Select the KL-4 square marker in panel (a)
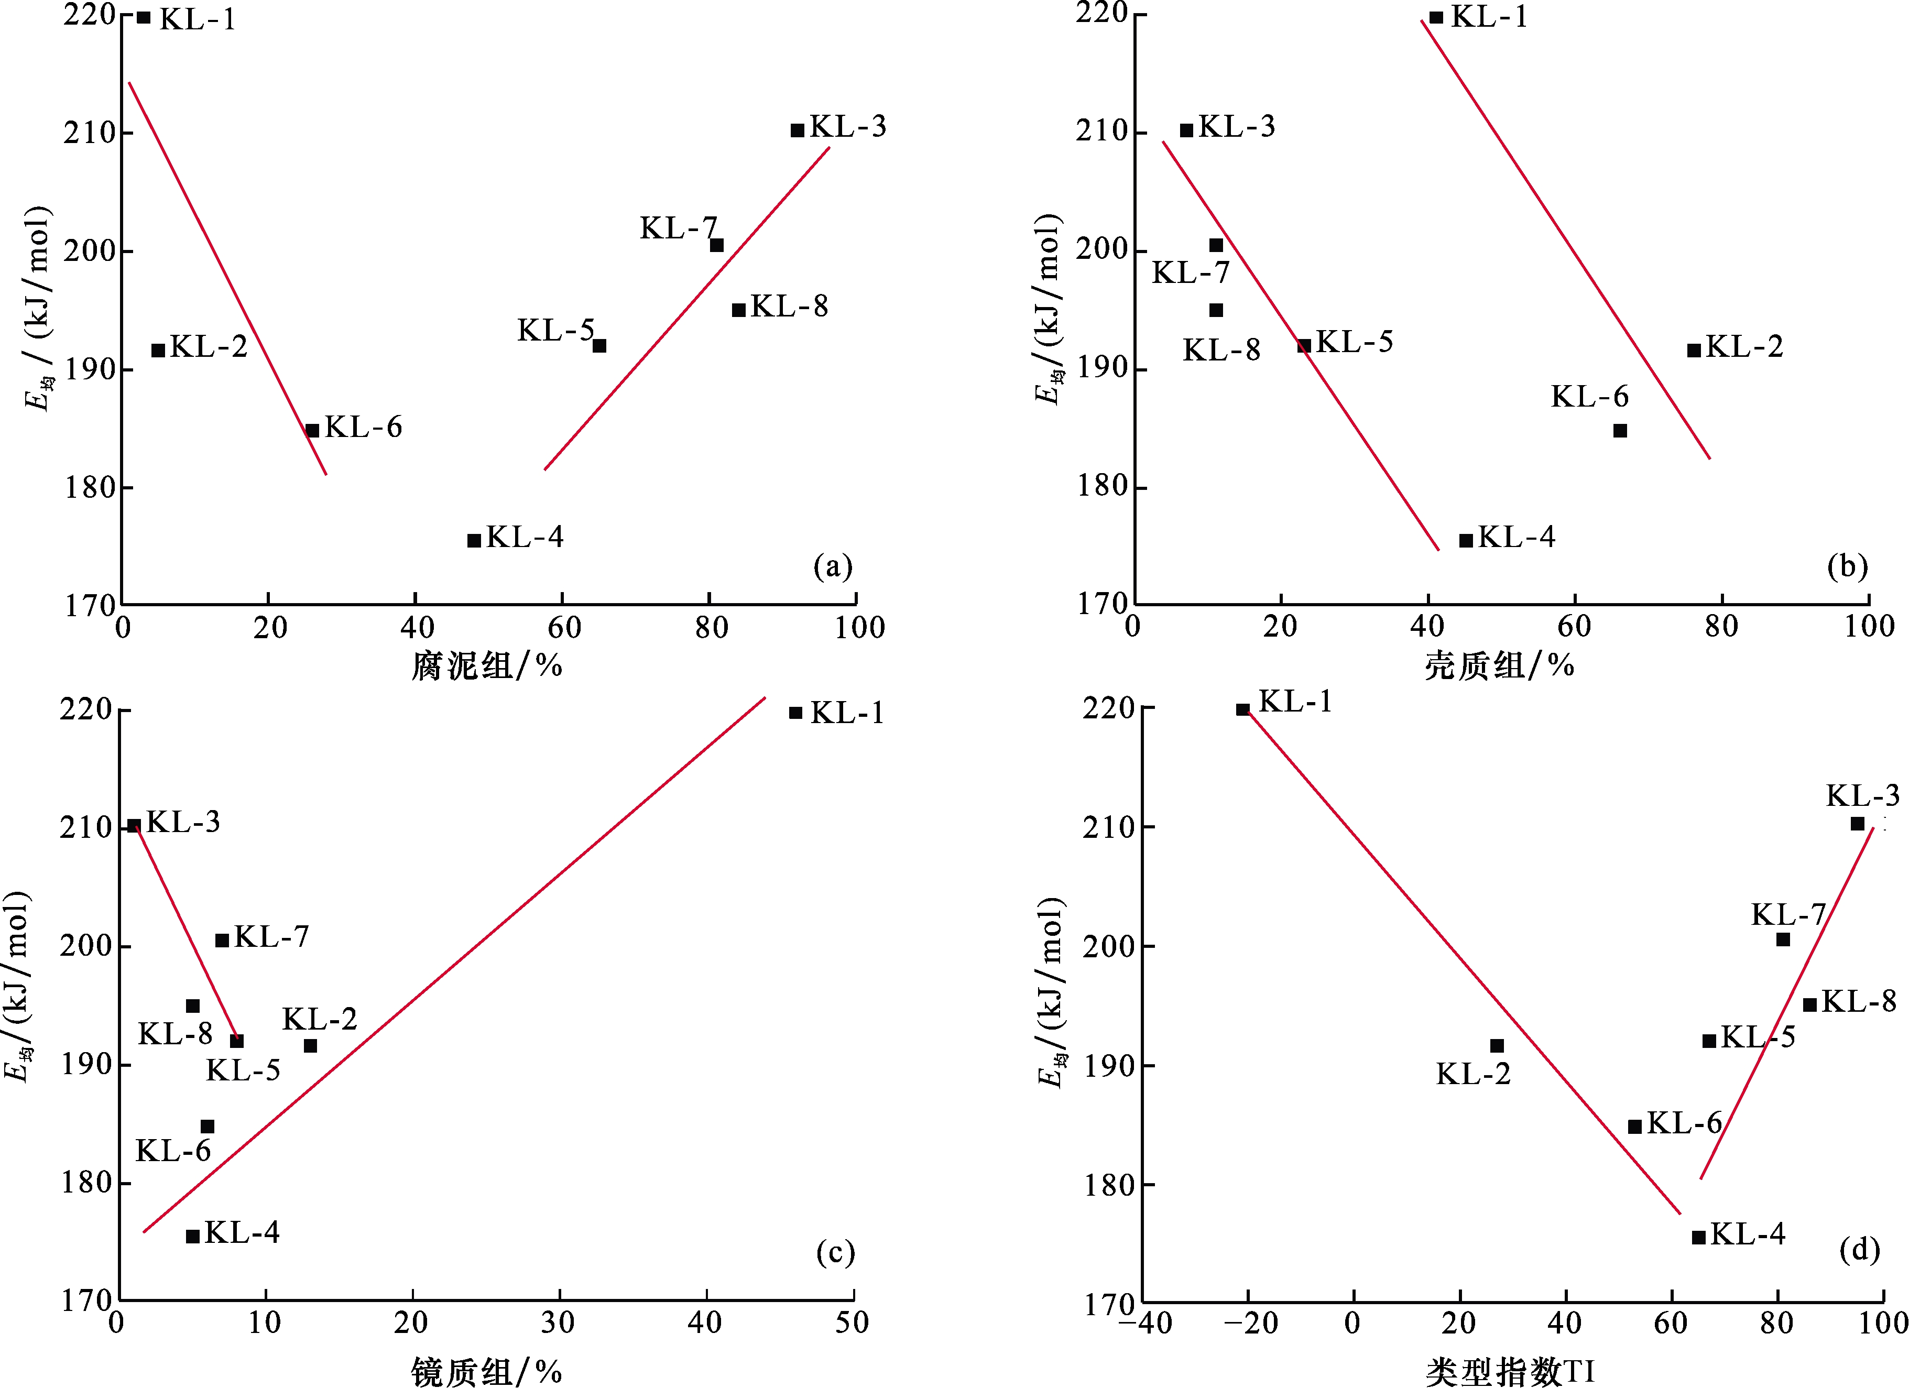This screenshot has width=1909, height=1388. pyautogui.click(x=474, y=540)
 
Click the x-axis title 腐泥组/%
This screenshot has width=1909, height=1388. pyautogui.click(x=486, y=666)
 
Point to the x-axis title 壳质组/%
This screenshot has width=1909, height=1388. pyautogui.click(x=1499, y=666)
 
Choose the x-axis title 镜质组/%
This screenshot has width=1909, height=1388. pyautogui.click(x=486, y=1372)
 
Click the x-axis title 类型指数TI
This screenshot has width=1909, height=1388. pyautogui.click(x=1510, y=1372)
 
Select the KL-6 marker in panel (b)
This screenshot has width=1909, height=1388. pyautogui.click(x=1619, y=431)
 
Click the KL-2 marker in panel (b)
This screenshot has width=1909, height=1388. pyautogui.click(x=1694, y=350)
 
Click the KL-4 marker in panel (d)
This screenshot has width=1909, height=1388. pyautogui.click(x=1698, y=1237)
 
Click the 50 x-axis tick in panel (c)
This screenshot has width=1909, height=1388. pyautogui.click(x=852, y=1323)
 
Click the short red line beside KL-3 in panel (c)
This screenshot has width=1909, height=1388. pyautogui.click(x=185, y=933)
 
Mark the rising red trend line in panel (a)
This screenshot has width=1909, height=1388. pyautogui.click(x=687, y=308)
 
